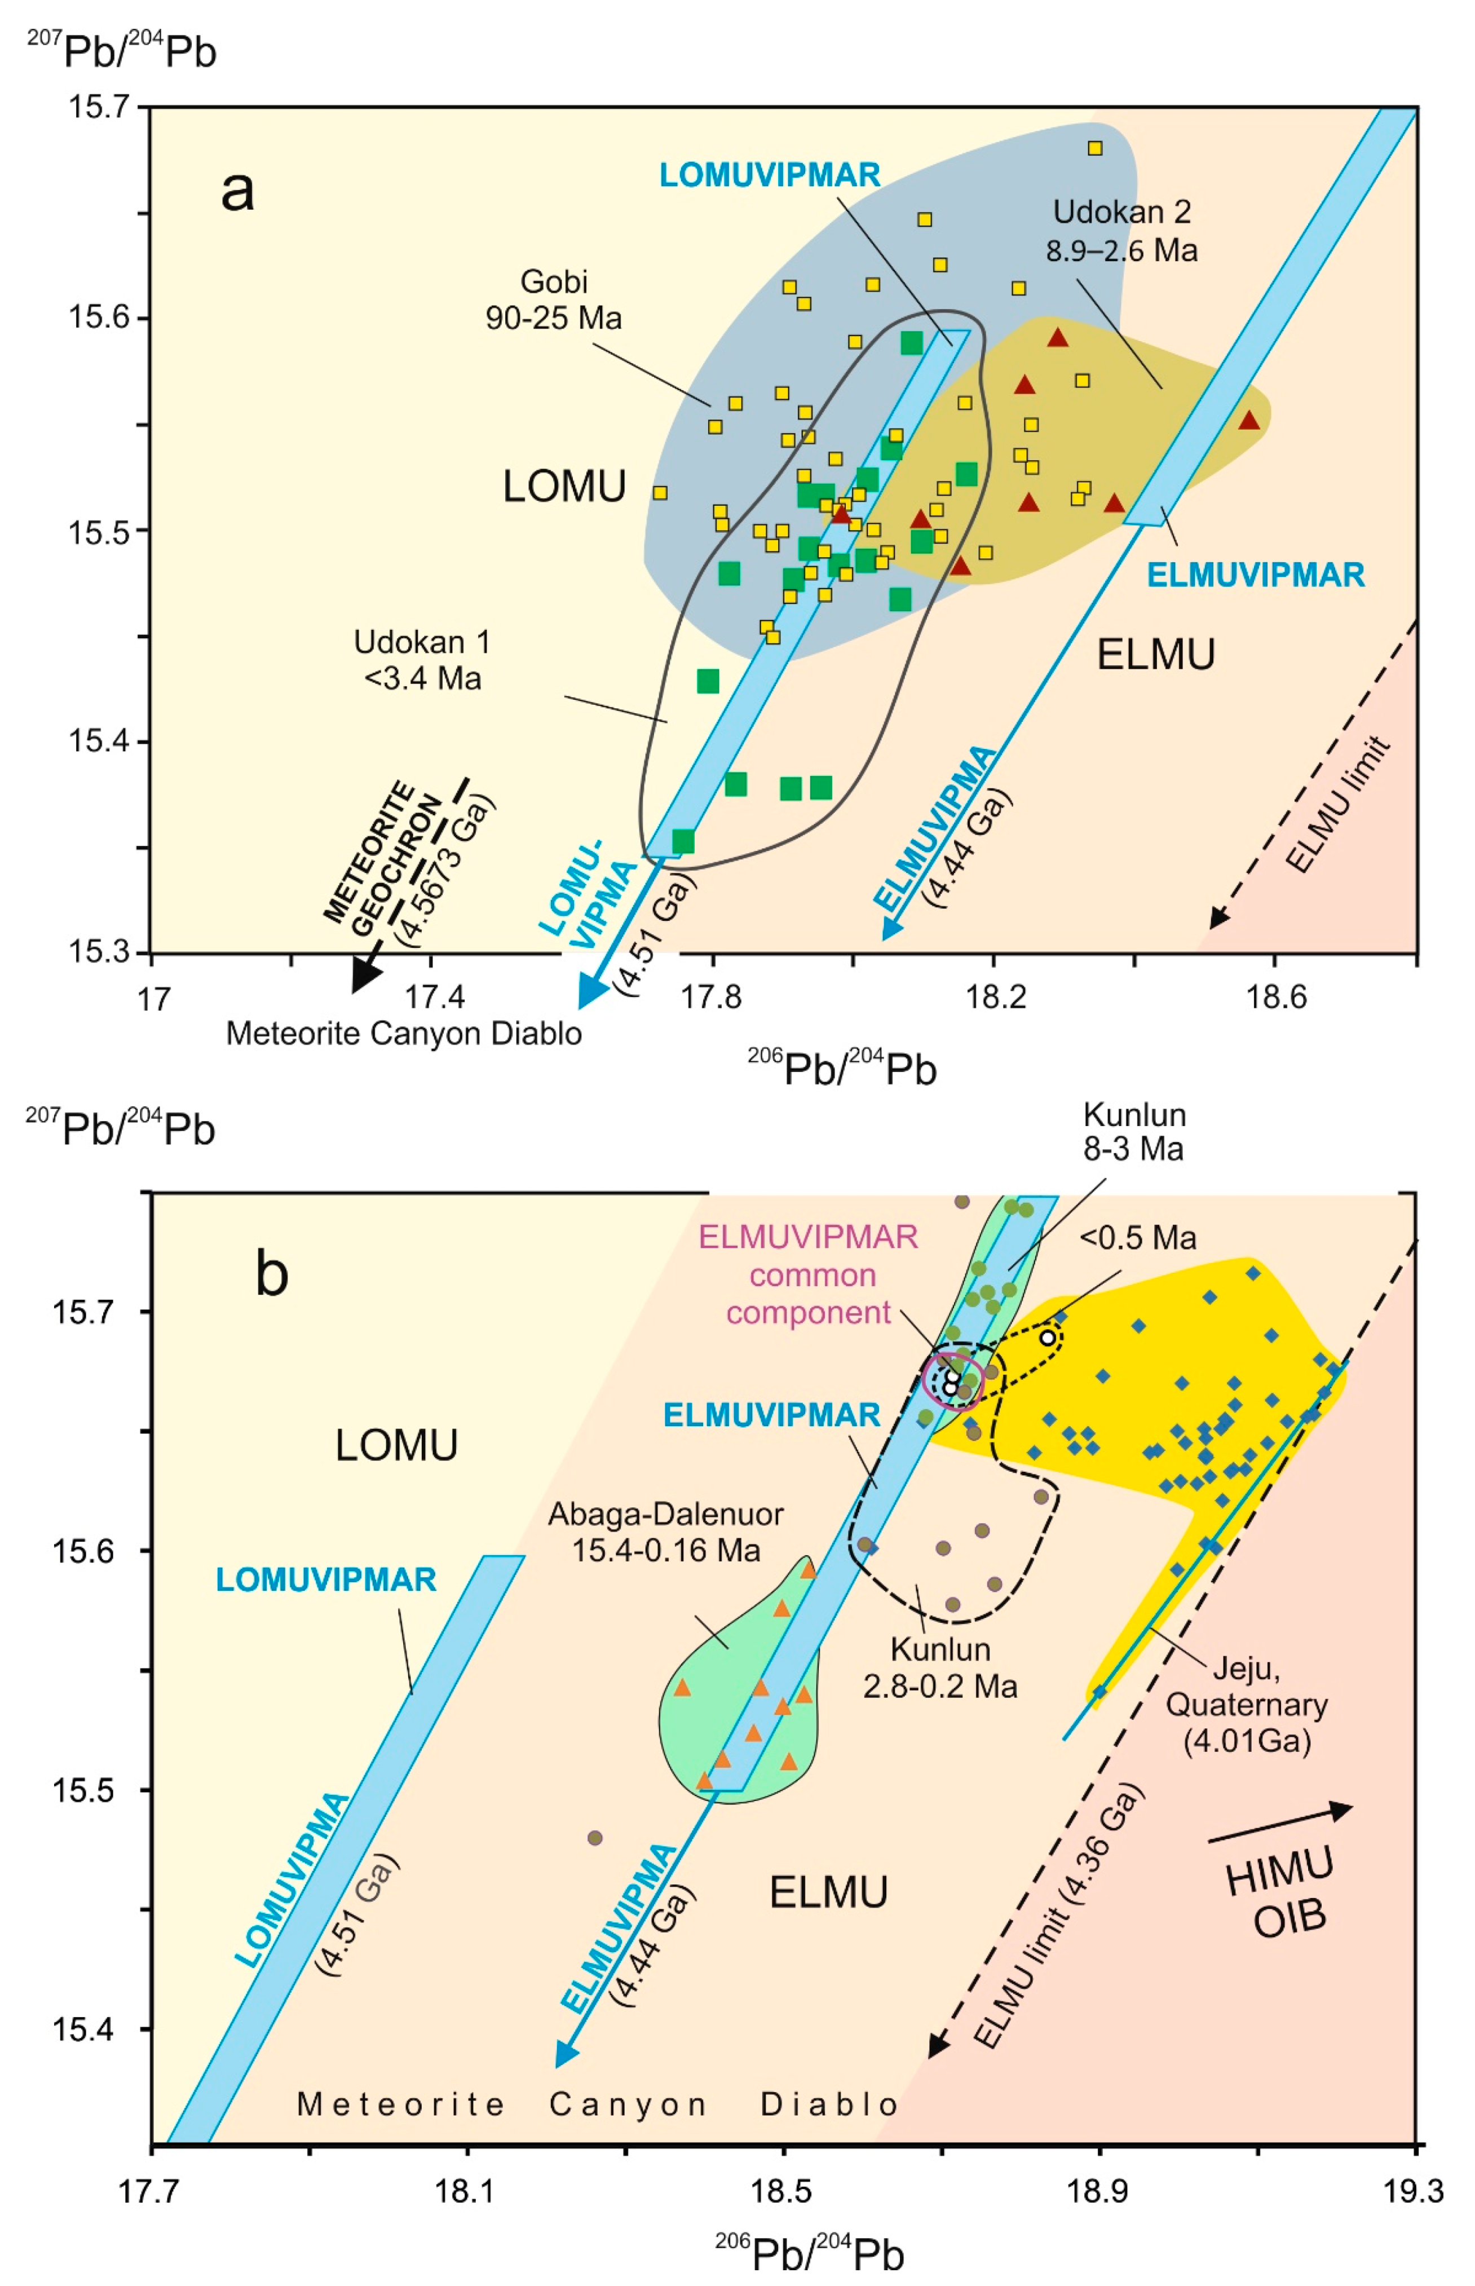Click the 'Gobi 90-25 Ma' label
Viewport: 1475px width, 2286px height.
[554, 300]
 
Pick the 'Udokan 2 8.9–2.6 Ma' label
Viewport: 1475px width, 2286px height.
[1120, 231]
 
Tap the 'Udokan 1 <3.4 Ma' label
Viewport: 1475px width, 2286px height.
[422, 660]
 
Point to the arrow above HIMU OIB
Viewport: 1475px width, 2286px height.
[1279, 1822]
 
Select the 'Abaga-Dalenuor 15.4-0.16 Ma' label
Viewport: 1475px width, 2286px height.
[666, 1532]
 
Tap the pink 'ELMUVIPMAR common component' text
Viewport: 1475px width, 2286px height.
[809, 1275]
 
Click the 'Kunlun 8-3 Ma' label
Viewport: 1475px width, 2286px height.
[1133, 1131]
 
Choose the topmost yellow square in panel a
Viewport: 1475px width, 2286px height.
[1095, 148]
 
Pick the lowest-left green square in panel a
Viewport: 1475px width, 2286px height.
[683, 842]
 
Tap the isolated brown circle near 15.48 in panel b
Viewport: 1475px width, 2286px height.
[595, 1838]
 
